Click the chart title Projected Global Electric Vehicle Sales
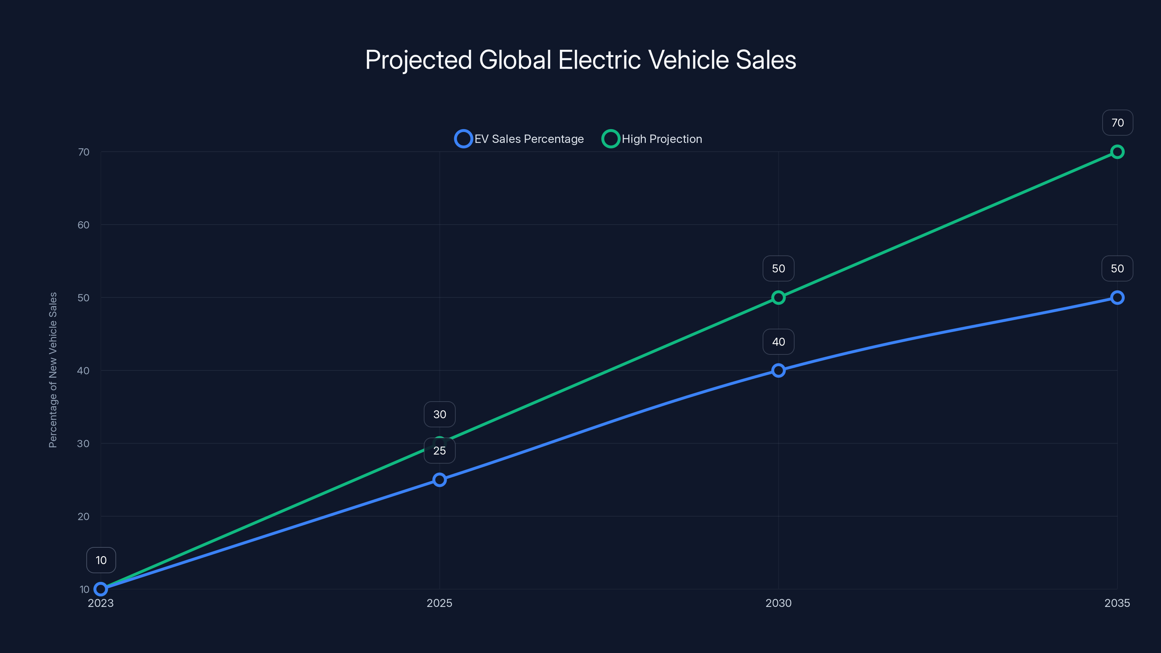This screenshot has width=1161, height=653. [580, 60]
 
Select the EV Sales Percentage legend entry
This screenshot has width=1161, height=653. [519, 139]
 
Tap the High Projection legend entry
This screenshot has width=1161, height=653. [652, 139]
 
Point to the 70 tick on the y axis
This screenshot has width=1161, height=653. [83, 152]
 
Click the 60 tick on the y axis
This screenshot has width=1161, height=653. [83, 225]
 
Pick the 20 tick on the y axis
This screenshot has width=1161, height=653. [83, 517]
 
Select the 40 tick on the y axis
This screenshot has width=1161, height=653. [83, 371]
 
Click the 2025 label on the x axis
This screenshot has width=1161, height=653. [439, 603]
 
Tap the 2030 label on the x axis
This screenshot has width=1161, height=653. [778, 603]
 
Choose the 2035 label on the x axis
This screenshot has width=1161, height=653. [1117, 603]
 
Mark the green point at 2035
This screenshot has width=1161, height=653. [1117, 152]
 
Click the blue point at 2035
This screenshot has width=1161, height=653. [1117, 297]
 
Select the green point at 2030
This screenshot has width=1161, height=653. [778, 297]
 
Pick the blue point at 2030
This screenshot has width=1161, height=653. [778, 370]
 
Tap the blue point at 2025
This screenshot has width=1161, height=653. [439, 480]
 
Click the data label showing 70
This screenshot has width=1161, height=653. [1117, 123]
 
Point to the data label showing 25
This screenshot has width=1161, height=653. [439, 451]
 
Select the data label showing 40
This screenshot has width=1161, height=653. [778, 342]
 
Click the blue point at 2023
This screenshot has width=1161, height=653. [101, 589]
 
